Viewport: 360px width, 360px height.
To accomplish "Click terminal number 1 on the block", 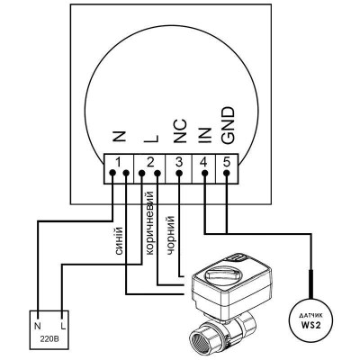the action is click(x=119, y=163).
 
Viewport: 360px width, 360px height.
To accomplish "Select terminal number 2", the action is click(x=150, y=163).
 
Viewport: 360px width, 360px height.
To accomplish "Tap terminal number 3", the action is click(x=179, y=163).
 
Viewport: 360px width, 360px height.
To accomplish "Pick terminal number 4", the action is click(x=203, y=163).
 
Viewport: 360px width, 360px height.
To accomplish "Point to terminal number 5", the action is click(x=227, y=163).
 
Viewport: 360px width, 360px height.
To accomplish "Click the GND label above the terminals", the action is click(x=227, y=126).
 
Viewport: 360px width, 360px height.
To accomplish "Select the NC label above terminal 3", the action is click(x=180, y=130).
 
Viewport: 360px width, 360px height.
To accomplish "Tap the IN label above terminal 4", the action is click(x=205, y=134).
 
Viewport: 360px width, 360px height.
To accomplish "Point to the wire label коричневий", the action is click(x=149, y=222).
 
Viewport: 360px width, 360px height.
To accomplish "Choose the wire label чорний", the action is click(x=170, y=236).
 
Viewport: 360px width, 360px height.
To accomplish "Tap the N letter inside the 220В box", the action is click(x=38, y=326).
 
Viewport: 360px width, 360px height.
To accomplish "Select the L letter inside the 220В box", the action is click(x=63, y=326).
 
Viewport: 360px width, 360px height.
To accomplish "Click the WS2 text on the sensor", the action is click(x=311, y=325).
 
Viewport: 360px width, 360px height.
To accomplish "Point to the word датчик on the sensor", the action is click(x=311, y=315).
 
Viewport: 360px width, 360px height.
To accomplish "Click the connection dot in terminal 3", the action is click(x=179, y=173).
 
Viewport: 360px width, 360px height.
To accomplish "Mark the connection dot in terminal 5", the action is click(x=227, y=173).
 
